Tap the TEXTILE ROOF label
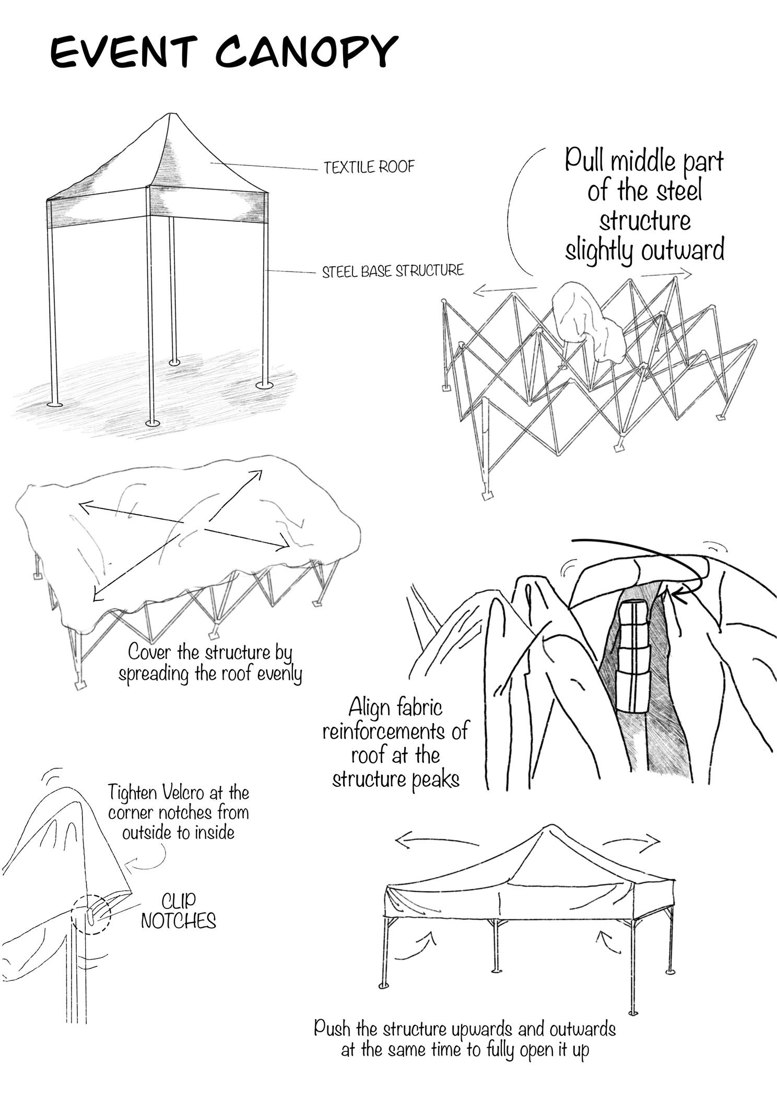click(x=369, y=168)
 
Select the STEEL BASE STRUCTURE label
click(x=393, y=271)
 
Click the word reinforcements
click(x=395, y=731)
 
